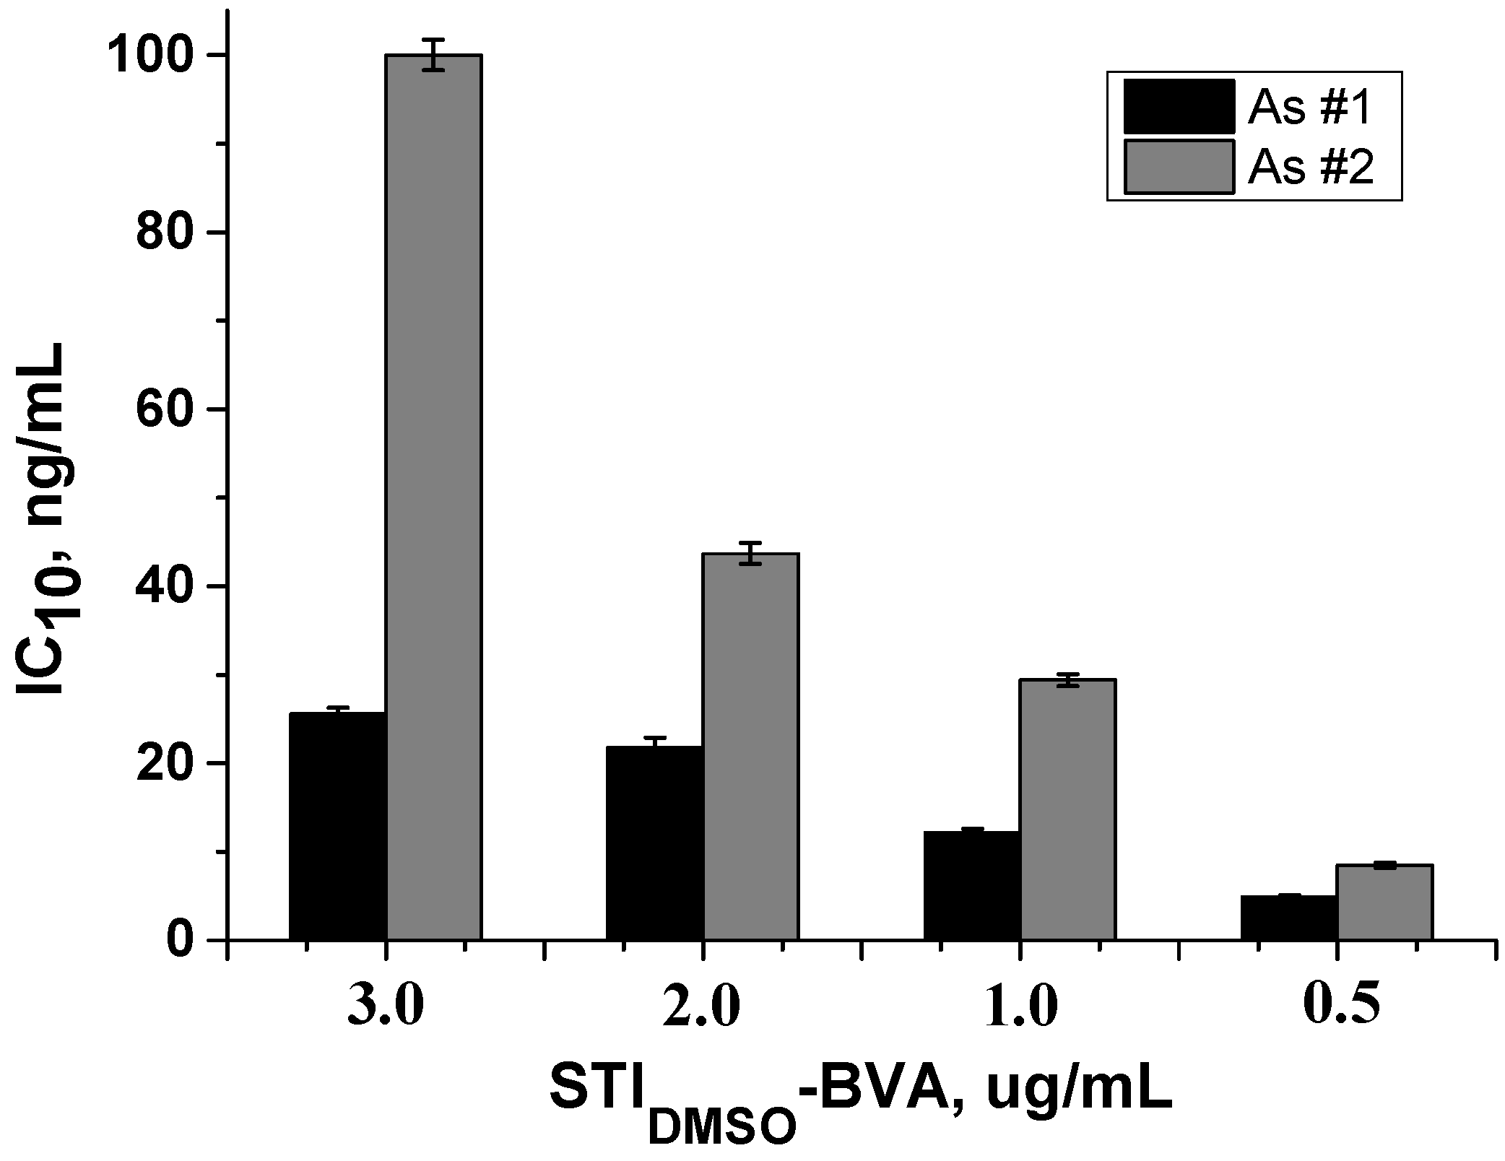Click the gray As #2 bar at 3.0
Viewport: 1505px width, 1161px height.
point(434,498)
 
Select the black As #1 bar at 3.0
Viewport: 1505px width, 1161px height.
point(337,826)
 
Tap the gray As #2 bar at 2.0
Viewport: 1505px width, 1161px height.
point(751,747)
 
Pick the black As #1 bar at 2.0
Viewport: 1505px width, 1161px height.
point(654,843)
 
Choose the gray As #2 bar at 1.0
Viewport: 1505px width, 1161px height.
point(1068,809)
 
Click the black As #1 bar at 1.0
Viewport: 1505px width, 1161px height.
point(971,885)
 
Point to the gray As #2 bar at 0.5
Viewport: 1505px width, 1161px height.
point(1385,902)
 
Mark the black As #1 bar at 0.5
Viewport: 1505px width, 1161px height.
point(1288,917)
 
